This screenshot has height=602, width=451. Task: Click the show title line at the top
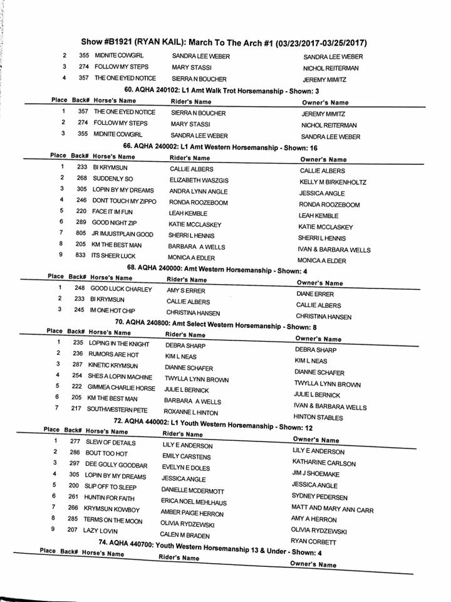click(x=224, y=43)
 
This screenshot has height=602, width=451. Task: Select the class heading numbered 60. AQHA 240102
click(x=225, y=92)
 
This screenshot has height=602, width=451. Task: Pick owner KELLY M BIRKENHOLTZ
click(x=333, y=182)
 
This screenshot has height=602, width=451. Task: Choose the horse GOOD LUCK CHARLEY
click(x=122, y=290)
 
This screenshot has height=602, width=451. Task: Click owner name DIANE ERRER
click(x=315, y=293)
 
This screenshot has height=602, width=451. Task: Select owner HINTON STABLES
click(x=318, y=418)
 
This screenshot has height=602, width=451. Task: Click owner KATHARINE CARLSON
click(x=324, y=463)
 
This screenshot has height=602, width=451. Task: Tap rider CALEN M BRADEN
click(x=185, y=535)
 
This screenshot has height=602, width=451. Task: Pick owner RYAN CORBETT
click(x=314, y=541)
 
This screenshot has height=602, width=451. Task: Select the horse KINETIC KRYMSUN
click(x=115, y=366)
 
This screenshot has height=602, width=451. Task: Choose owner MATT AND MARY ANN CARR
click(x=332, y=510)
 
